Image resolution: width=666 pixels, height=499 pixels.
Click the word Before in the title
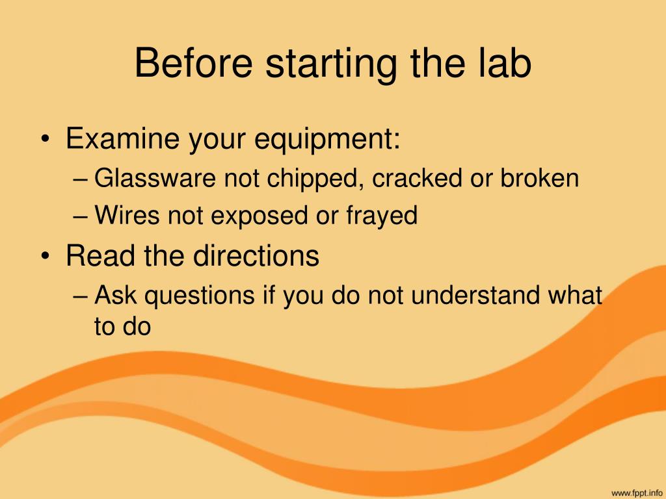194,63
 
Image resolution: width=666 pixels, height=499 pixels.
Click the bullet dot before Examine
46,139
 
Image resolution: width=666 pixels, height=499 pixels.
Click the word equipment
322,140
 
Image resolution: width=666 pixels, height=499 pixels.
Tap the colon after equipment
396,141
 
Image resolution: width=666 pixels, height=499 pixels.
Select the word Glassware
155,178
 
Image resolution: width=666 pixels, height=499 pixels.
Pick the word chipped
315,179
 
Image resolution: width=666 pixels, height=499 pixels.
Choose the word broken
539,178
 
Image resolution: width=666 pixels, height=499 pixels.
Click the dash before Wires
80,216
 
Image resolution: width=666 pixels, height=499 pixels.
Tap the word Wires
127,214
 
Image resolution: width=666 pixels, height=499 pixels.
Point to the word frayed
382,216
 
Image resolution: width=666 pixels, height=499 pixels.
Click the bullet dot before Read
46,256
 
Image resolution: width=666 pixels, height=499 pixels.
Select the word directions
256,255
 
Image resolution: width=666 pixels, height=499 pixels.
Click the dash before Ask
80,296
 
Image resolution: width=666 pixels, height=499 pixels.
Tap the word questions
200,296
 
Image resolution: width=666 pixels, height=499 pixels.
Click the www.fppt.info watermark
636,494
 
